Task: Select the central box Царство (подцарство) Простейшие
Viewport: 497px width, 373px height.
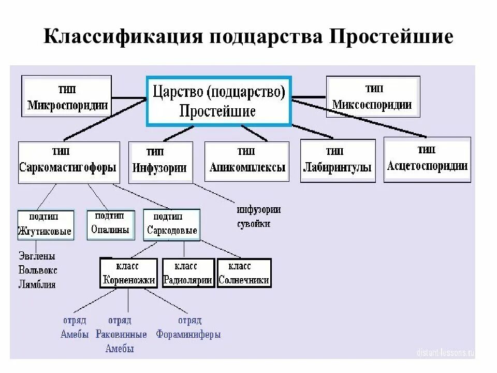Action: tap(219, 101)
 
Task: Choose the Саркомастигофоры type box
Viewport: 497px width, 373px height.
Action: tap(67, 162)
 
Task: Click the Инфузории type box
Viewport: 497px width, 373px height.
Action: tap(160, 162)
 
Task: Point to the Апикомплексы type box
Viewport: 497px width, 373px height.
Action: tap(247, 161)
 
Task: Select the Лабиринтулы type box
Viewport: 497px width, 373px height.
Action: tap(337, 161)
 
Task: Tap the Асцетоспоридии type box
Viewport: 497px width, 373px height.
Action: tap(428, 159)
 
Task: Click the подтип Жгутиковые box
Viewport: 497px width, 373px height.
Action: tap(45, 225)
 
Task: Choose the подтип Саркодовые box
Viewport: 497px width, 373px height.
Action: tap(171, 225)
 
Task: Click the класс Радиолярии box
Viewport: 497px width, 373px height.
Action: tap(187, 273)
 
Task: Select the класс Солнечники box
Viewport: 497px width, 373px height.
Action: tap(244, 273)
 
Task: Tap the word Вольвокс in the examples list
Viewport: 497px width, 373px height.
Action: tap(38, 270)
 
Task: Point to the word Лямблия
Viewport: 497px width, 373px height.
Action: tap(37, 284)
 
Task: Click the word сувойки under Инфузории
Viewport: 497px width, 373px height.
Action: tap(254, 224)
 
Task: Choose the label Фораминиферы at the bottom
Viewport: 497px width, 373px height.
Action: tap(188, 335)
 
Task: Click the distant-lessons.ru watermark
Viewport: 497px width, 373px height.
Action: tap(446, 352)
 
